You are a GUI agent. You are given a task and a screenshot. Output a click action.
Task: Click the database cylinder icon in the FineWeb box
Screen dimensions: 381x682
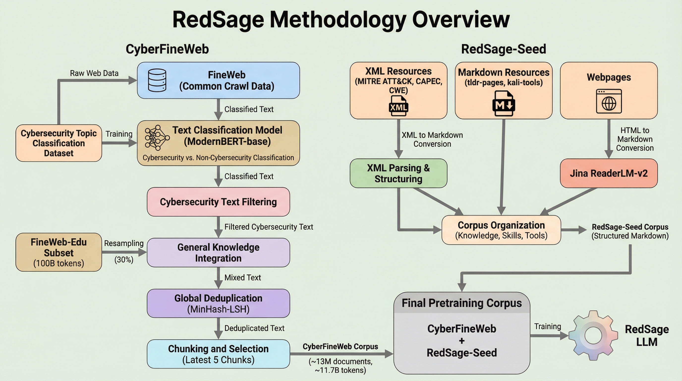click(x=157, y=80)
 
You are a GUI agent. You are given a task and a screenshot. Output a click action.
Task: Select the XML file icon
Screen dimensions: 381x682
click(x=398, y=106)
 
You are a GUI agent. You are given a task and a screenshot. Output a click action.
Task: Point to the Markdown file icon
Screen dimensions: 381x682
click(x=504, y=104)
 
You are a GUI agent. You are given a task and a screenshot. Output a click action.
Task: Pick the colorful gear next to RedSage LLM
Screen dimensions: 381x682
click(x=593, y=335)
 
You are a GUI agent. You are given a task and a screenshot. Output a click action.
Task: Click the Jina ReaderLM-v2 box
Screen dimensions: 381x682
click(x=609, y=173)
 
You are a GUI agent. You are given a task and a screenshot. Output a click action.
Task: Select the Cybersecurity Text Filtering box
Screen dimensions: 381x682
click(x=218, y=202)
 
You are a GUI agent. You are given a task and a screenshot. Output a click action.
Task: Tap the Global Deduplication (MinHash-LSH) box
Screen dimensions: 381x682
click(x=218, y=303)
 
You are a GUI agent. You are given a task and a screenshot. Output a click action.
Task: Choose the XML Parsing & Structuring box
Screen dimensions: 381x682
click(x=398, y=173)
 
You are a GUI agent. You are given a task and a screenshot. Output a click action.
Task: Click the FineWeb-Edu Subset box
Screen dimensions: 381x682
click(x=58, y=252)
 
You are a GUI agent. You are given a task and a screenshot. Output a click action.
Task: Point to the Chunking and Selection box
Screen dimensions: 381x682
click(x=218, y=354)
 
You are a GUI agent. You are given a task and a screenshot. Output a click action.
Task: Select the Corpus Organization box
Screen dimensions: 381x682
click(x=501, y=230)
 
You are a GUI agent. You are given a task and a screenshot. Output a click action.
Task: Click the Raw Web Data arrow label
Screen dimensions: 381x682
click(x=94, y=73)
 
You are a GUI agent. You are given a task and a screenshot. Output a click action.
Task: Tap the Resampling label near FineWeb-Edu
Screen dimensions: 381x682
click(x=124, y=243)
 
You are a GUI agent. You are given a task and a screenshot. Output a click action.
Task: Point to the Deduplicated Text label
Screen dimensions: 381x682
click(x=254, y=328)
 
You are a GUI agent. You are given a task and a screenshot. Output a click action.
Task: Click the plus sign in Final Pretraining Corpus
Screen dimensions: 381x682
click(x=462, y=341)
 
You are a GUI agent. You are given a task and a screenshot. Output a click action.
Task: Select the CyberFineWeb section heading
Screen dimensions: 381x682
click(x=167, y=49)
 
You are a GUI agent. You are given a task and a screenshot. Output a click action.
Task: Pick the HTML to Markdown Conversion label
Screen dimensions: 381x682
click(x=635, y=139)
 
